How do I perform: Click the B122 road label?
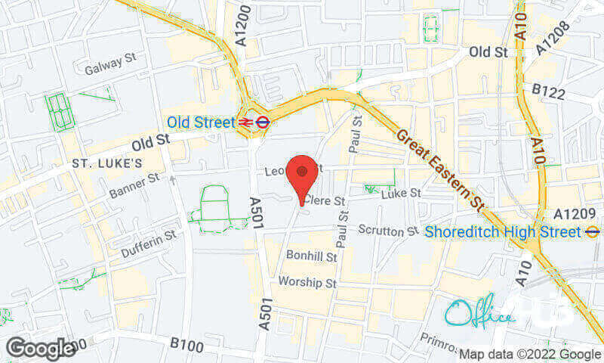pyautogui.click(x=549, y=90)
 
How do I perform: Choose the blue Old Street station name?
pyautogui.click(x=200, y=121)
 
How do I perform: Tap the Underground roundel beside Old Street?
pyautogui.click(x=263, y=121)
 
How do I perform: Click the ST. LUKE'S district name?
pyautogui.click(x=107, y=163)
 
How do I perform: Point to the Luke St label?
pyautogui.click(x=401, y=194)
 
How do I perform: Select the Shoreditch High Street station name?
pyautogui.click(x=503, y=232)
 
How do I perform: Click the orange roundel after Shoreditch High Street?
pyautogui.click(x=593, y=232)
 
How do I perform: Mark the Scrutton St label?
pyautogui.click(x=387, y=229)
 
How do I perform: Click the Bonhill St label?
pyautogui.click(x=311, y=256)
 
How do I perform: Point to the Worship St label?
pyautogui.click(x=307, y=282)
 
